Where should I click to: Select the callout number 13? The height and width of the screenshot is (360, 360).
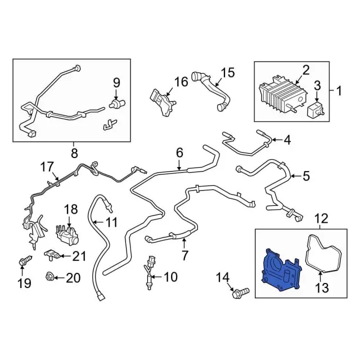(322, 287)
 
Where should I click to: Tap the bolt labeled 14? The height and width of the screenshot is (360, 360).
(240, 292)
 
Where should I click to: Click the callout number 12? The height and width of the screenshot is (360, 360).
(321, 219)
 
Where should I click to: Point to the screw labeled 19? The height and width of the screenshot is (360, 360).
(25, 261)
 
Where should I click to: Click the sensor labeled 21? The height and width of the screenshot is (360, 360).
(52, 255)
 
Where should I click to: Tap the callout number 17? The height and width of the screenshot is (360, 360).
(47, 167)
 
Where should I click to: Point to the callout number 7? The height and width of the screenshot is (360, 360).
(184, 255)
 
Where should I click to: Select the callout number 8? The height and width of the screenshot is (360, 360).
(74, 153)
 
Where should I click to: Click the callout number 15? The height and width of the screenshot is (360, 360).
(228, 73)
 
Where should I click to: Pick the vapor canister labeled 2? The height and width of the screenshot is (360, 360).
(283, 94)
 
